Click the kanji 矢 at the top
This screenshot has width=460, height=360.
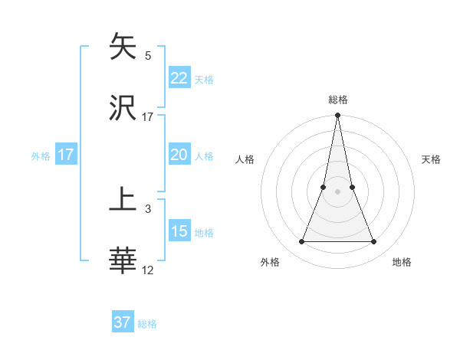click(123, 46)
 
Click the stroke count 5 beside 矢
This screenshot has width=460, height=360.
click(148, 55)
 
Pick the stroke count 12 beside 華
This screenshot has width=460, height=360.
click(148, 270)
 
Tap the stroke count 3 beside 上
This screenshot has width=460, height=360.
click(148, 208)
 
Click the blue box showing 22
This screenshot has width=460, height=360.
click(179, 78)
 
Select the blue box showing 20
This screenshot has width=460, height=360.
click(179, 155)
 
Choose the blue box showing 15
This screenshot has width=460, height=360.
click(179, 231)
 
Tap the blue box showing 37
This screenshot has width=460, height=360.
click(123, 322)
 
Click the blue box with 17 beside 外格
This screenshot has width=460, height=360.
click(66, 155)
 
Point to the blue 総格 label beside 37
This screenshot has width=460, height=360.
click(147, 324)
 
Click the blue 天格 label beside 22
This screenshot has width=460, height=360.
click(204, 80)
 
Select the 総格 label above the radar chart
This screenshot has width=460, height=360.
click(337, 100)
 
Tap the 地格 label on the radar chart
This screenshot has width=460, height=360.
click(402, 262)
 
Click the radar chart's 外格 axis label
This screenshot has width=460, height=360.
click(270, 262)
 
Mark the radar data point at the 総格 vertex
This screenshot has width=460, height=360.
click(337, 116)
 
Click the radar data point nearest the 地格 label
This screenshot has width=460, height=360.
click(373, 242)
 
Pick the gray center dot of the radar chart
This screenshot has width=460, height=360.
click(337, 192)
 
